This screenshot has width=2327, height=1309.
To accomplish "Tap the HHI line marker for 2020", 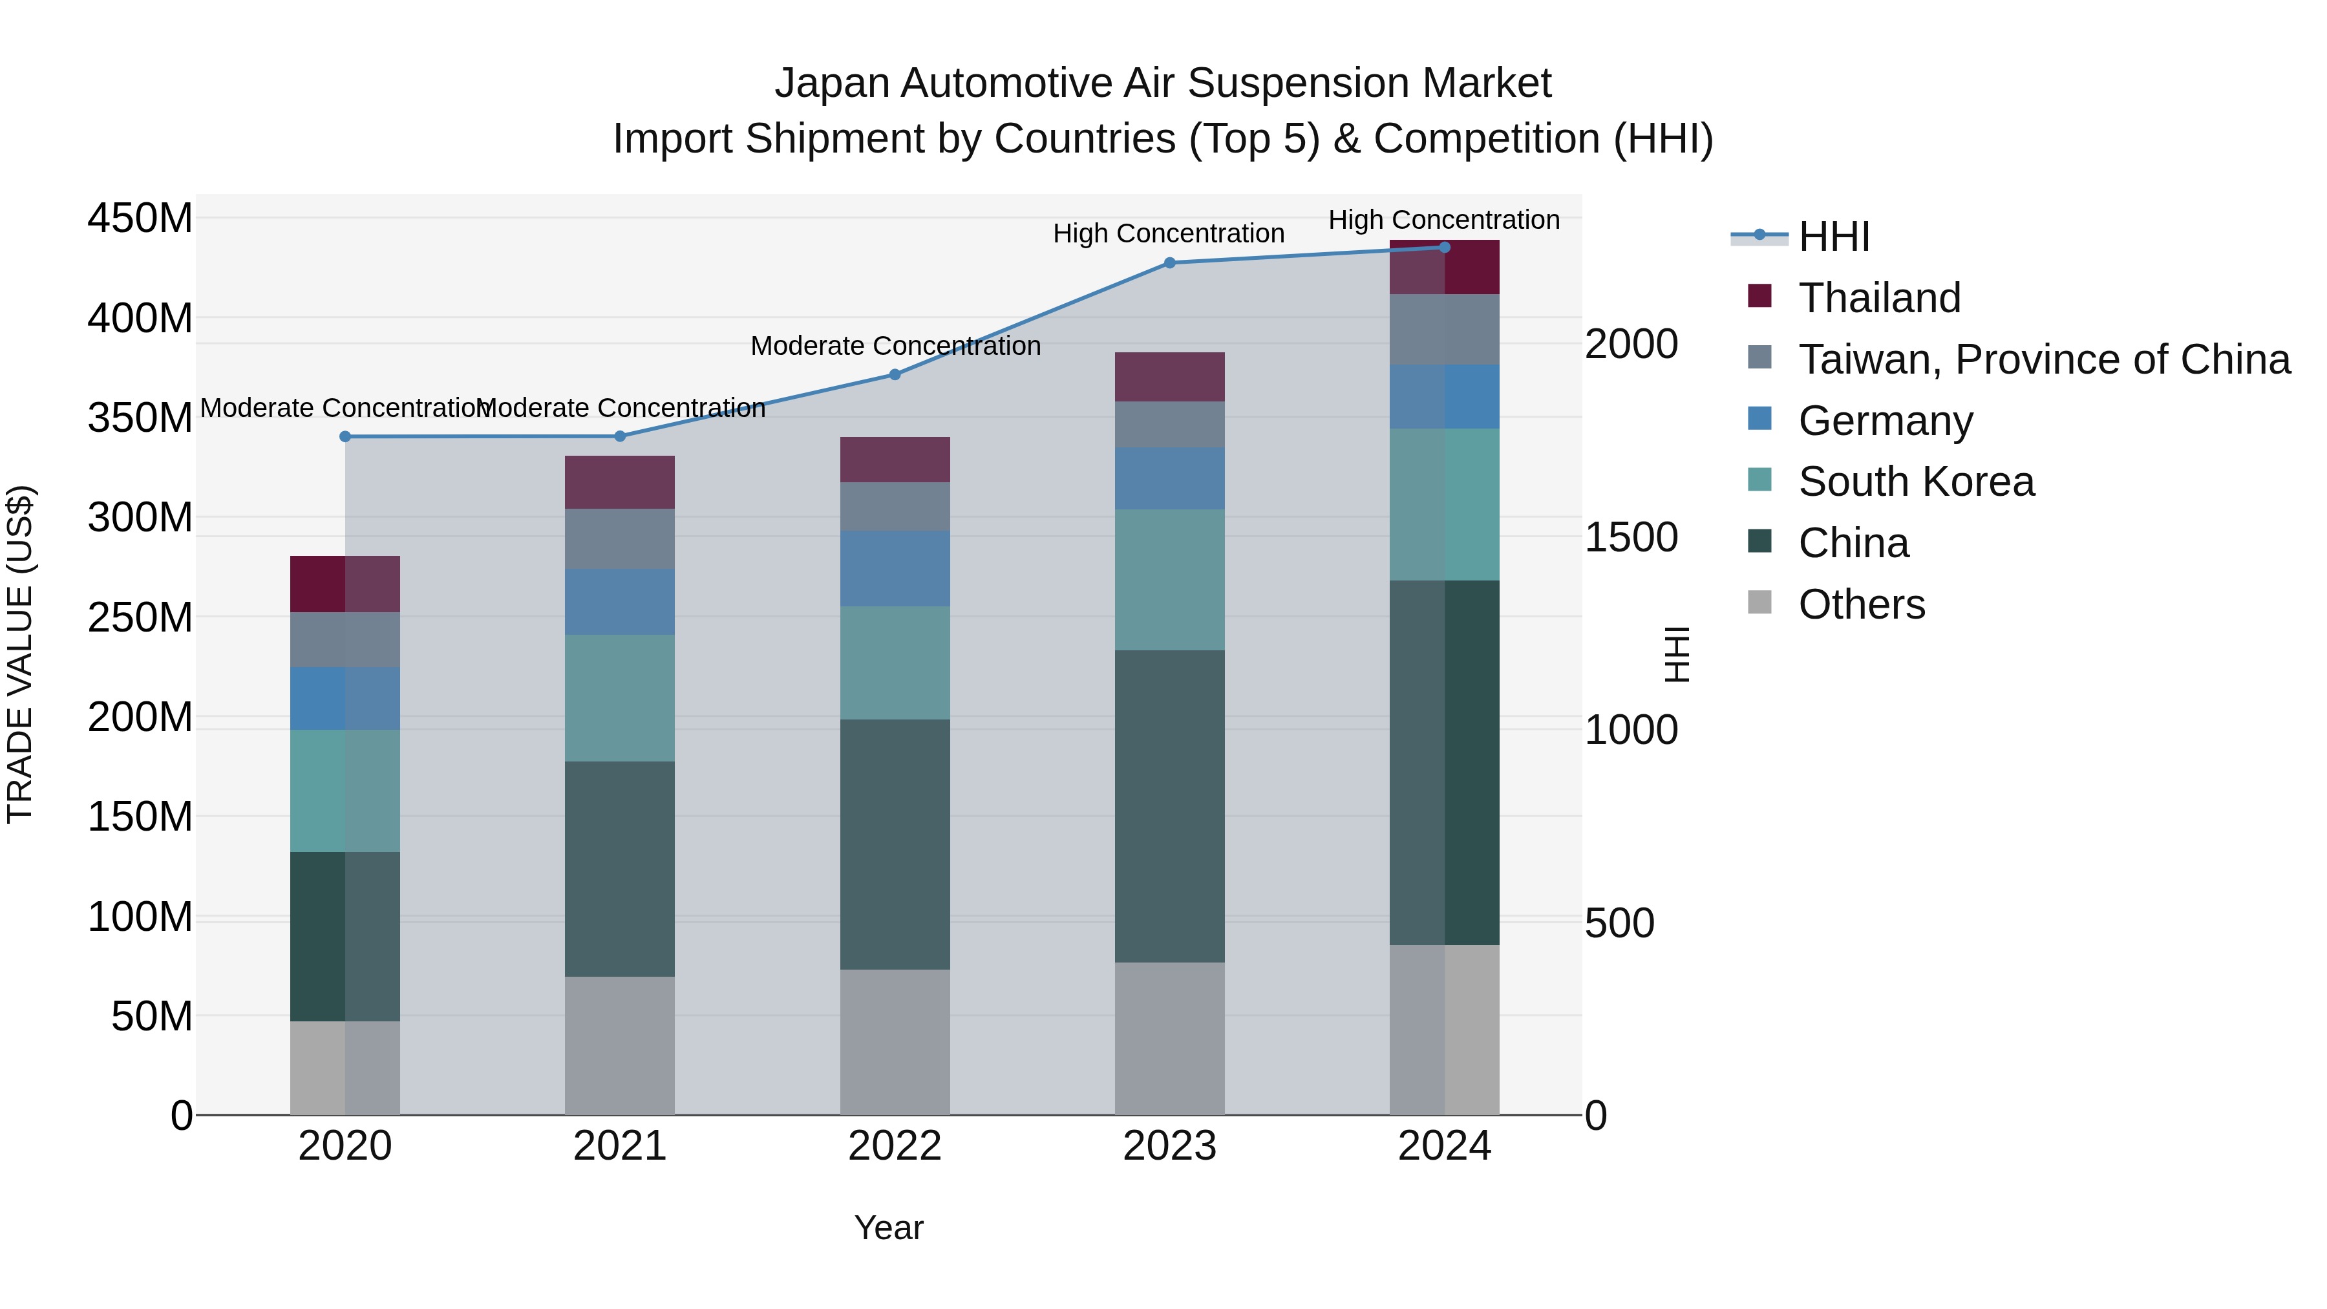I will click(345, 436).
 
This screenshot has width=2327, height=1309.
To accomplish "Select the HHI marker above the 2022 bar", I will click(895, 374).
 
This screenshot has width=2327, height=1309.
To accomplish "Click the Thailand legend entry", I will click(1879, 298).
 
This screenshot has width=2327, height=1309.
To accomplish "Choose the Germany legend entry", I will click(1886, 421).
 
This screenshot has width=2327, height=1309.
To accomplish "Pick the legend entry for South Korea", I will click(1915, 482).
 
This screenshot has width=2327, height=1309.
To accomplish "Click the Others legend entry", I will click(1861, 604).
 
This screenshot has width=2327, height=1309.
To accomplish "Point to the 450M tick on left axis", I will click(140, 218).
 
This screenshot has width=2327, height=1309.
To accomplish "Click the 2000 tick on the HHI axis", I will click(1631, 344).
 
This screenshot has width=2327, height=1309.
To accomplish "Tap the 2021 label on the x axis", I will click(620, 1146).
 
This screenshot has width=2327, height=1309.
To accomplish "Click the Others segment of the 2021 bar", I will click(620, 1045).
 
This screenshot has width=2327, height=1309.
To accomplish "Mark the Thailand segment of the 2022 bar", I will click(895, 460).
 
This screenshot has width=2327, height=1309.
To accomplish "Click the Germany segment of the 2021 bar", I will click(620, 602).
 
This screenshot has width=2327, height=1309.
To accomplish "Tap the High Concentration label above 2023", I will click(1168, 234).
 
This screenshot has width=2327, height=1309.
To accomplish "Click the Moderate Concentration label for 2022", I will click(895, 346).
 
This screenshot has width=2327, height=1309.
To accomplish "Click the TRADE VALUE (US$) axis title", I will click(21, 654).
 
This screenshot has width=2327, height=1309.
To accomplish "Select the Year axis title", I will click(889, 1228).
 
